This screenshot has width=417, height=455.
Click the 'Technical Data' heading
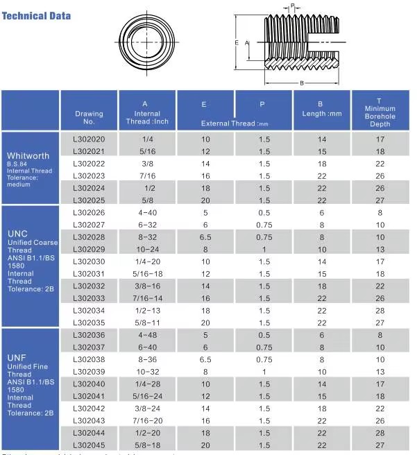[x=36, y=15]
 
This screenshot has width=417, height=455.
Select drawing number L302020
[x=88, y=139]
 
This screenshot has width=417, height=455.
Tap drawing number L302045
[x=88, y=445]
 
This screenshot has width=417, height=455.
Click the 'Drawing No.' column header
[x=89, y=117]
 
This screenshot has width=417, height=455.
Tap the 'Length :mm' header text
[x=322, y=114]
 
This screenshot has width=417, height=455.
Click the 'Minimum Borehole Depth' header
[x=380, y=113]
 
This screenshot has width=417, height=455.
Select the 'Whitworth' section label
[x=28, y=156]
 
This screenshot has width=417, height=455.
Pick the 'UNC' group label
[x=17, y=234]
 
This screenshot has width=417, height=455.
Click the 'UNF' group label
[x=17, y=357]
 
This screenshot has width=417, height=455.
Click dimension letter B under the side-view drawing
[x=302, y=83]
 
